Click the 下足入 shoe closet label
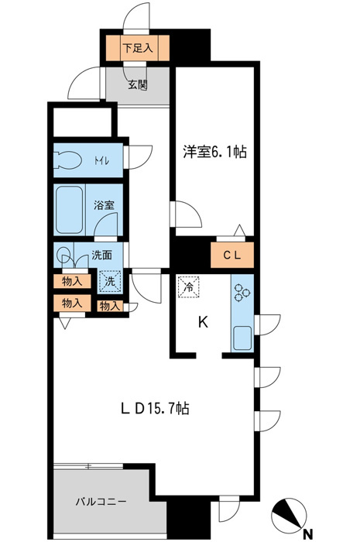[x=138, y=48]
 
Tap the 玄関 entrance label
[x=138, y=84]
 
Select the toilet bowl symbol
[x=67, y=161]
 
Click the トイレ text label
[x=102, y=161]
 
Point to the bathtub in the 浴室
[x=69, y=210]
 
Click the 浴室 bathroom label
[x=104, y=205]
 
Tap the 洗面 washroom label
[x=101, y=255]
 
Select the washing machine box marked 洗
[x=110, y=281]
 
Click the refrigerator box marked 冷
[x=189, y=286]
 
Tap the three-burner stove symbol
[x=242, y=292]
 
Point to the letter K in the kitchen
[x=203, y=323]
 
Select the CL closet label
[x=231, y=256]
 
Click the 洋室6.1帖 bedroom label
[x=214, y=152]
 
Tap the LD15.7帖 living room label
[x=154, y=409]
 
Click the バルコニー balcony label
[x=101, y=502]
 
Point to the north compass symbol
[x=289, y=516]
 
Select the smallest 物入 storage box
[x=110, y=306]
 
